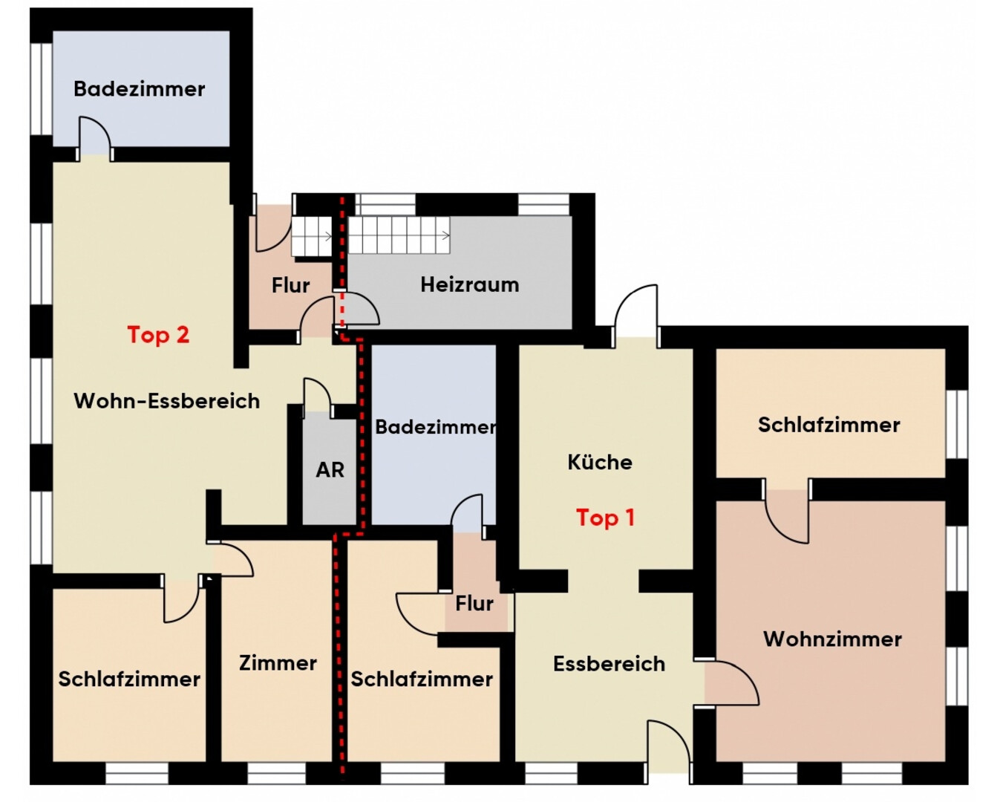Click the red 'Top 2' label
tap(158, 335)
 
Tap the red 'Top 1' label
tap(606, 518)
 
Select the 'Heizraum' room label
tap(470, 284)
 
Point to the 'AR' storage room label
tap(330, 470)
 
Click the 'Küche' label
tap(600, 462)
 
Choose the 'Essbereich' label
tap(610, 663)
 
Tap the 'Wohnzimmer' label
tap(833, 639)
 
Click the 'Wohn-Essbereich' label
tap(167, 401)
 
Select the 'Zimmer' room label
tap(278, 662)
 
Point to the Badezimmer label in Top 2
tap(140, 89)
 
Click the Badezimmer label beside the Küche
tap(435, 427)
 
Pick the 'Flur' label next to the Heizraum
tap(291, 285)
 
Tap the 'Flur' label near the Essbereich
tap(474, 604)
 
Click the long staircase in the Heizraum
tap(399, 235)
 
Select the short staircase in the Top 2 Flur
tap(312, 237)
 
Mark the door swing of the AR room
tap(318, 395)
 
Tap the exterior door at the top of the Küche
tap(635, 315)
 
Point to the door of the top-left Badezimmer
tap(95, 138)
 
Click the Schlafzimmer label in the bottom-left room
tap(129, 679)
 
